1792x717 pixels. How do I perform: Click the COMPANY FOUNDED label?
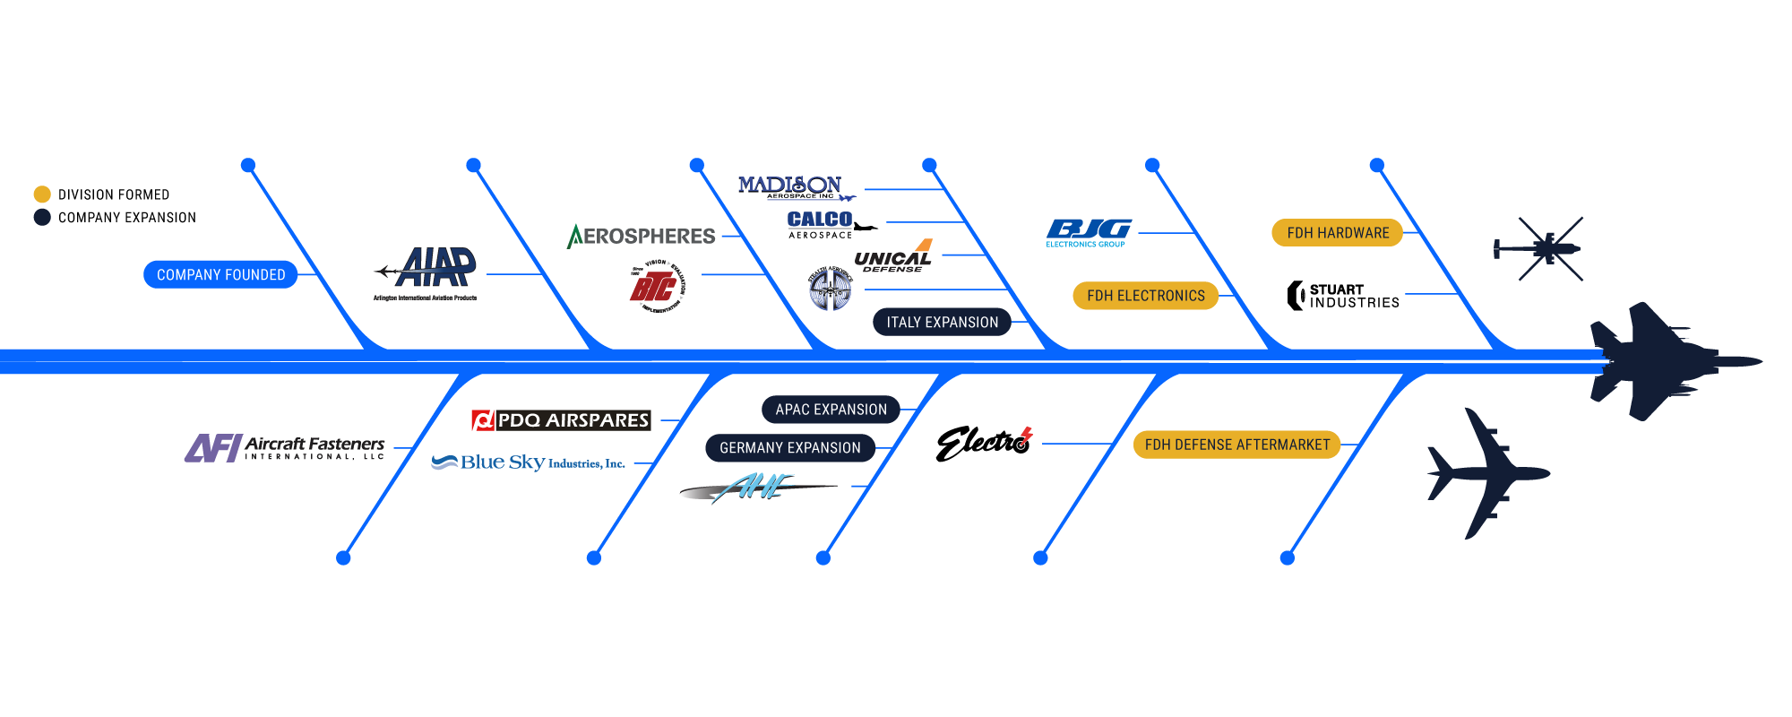point(220,274)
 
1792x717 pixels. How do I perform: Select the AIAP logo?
point(428,271)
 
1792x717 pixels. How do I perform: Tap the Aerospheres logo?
point(642,236)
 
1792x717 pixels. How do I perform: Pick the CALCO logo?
point(819,219)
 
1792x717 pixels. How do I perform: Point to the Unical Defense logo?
point(893,257)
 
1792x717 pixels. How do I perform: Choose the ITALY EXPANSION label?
point(942,322)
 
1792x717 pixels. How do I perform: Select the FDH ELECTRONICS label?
point(1145,295)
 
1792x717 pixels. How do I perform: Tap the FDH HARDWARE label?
point(1337,232)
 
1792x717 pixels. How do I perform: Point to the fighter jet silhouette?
point(1658,361)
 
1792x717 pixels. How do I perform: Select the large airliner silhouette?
point(1487,473)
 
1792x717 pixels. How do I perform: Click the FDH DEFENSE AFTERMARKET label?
point(1236,444)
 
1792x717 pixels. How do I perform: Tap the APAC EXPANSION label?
point(831,409)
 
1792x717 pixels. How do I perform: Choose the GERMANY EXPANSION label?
point(789,447)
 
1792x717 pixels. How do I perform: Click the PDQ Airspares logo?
point(561,419)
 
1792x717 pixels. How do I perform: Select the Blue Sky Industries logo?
point(529,462)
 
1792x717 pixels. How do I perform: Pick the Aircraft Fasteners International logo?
point(285,447)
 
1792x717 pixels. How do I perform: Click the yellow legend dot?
point(42,194)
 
